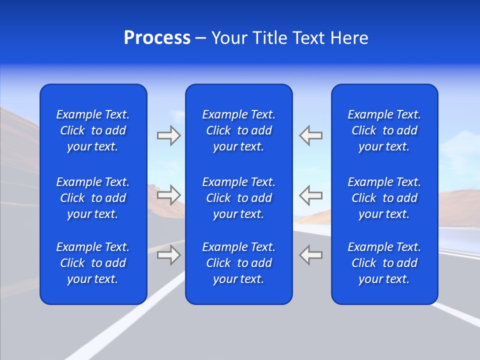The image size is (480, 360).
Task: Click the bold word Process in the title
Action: point(157,38)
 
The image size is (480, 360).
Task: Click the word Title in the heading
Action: point(271,38)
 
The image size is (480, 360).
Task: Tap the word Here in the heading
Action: point(349,38)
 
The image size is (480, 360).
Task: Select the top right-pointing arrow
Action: point(168,135)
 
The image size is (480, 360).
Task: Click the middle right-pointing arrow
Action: point(168,194)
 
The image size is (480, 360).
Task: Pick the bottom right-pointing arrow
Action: point(168,254)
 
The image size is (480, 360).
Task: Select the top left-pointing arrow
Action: point(310,135)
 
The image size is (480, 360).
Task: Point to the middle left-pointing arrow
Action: point(310,194)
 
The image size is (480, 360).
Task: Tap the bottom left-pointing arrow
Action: point(310,254)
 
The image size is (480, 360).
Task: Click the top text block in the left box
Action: point(93,130)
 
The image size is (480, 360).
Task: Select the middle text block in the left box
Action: point(93,198)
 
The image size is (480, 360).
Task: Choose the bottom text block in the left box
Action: point(93,263)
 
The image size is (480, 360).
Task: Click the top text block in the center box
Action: point(238,130)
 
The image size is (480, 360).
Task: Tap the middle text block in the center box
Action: point(238,198)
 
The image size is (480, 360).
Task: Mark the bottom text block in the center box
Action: point(238,263)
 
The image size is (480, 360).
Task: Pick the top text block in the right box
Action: point(384,130)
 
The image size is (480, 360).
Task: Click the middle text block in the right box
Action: point(384,198)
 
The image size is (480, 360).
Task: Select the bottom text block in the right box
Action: point(384,263)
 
